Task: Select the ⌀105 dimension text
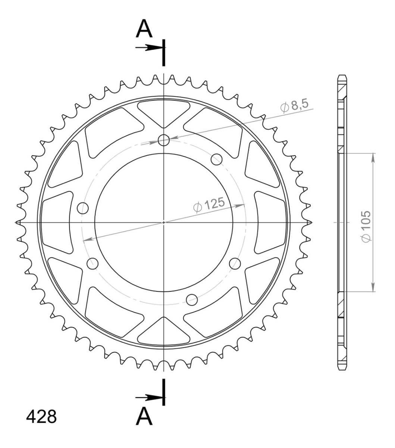pos(366,227)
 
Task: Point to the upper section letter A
pos(144,28)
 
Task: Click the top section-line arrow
pos(149,47)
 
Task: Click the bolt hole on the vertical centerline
pos(164,140)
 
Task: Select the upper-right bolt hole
pos(216,159)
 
